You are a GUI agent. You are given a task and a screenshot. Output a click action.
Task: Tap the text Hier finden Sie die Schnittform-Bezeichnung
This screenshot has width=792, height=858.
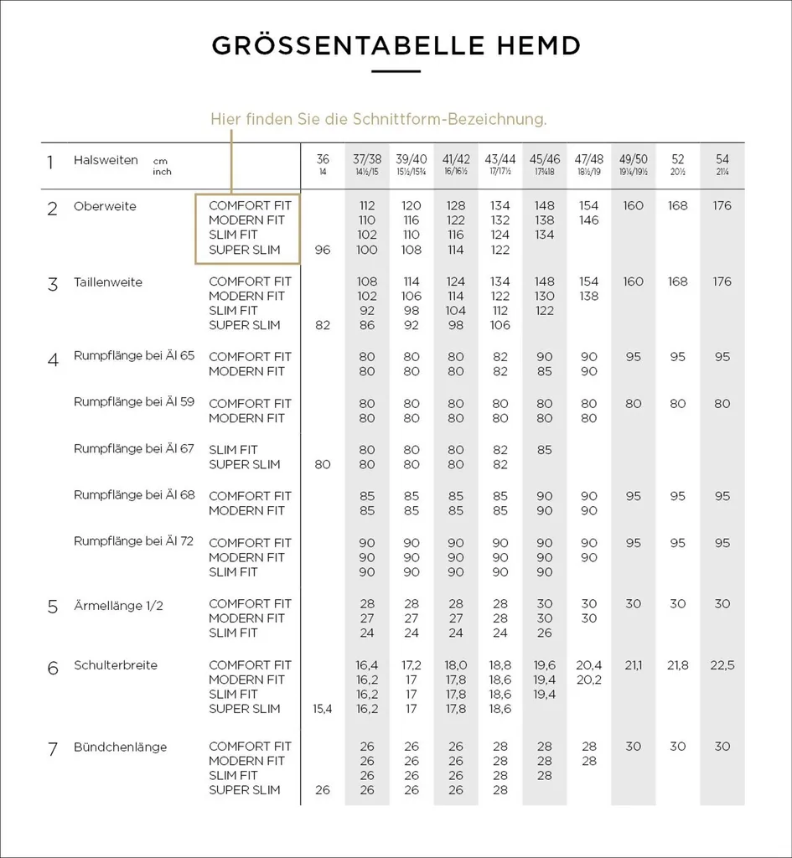(x=378, y=119)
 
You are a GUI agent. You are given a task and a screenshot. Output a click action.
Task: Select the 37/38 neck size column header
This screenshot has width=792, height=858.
(x=367, y=159)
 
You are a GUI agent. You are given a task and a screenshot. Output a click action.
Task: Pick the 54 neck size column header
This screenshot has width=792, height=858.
(x=722, y=159)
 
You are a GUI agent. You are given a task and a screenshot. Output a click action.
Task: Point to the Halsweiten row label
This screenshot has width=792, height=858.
(x=106, y=160)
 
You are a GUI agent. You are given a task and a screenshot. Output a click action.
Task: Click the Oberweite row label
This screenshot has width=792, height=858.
(x=105, y=206)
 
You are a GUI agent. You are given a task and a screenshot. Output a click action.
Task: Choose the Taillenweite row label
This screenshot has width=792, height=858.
(x=108, y=282)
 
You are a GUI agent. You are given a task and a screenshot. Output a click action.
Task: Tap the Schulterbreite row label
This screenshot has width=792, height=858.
(x=116, y=665)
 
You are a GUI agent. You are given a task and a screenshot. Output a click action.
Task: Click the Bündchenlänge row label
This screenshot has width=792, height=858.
(x=120, y=747)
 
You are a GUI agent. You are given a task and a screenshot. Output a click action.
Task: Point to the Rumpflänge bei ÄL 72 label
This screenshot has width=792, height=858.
(x=134, y=541)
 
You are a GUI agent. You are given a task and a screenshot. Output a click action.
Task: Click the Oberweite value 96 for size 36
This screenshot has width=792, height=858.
(x=323, y=250)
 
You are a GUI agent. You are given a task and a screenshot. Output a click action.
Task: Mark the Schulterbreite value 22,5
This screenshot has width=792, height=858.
(x=722, y=665)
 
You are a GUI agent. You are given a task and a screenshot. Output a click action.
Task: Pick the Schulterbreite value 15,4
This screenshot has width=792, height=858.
(x=323, y=709)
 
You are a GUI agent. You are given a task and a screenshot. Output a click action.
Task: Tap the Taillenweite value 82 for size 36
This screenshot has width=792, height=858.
(x=323, y=325)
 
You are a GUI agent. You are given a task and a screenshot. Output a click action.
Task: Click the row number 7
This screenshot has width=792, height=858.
(x=53, y=749)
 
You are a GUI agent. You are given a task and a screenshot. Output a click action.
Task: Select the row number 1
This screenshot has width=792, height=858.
(x=51, y=162)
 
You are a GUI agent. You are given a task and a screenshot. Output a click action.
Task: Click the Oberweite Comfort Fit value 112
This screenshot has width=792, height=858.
(x=367, y=206)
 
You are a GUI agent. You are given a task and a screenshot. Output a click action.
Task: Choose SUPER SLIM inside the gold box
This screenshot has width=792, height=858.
(x=245, y=250)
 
